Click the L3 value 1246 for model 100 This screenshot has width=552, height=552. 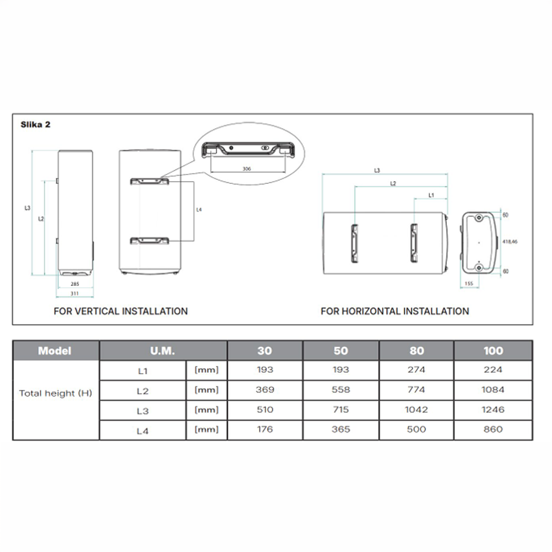(x=493, y=410)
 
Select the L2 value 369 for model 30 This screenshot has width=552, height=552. (x=265, y=390)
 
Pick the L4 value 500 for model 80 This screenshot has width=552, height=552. (x=416, y=429)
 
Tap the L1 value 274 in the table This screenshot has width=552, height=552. (x=416, y=370)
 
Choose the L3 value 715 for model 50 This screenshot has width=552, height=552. (x=341, y=410)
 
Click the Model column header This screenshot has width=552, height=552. (x=55, y=351)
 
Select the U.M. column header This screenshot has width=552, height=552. (x=162, y=351)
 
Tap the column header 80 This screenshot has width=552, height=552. (x=416, y=351)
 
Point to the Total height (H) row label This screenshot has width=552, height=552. (x=56, y=393)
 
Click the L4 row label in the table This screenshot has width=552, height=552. (x=142, y=431)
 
